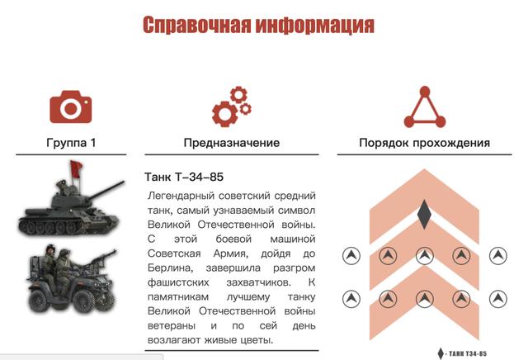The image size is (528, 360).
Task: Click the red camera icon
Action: [x=71, y=107]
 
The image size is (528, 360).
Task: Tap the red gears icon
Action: [x=232, y=107]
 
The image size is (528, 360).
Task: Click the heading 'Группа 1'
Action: [x=71, y=143]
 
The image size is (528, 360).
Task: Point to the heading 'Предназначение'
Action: [x=232, y=143]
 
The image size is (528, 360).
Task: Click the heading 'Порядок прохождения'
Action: [x=424, y=143]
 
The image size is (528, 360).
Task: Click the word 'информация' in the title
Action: [x=314, y=25]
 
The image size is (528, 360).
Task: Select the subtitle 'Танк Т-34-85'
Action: [x=184, y=177]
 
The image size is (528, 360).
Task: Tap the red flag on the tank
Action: [x=76, y=169]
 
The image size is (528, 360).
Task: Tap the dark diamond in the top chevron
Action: [x=424, y=215]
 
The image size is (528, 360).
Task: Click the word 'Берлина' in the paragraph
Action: [x=171, y=268]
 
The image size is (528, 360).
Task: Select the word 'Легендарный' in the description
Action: [x=181, y=196]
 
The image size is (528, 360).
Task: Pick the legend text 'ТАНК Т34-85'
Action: [x=468, y=353]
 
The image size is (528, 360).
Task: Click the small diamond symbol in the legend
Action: [x=441, y=353]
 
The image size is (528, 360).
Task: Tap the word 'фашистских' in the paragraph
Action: [x=178, y=282]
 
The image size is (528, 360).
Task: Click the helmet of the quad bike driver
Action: [x=50, y=249]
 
